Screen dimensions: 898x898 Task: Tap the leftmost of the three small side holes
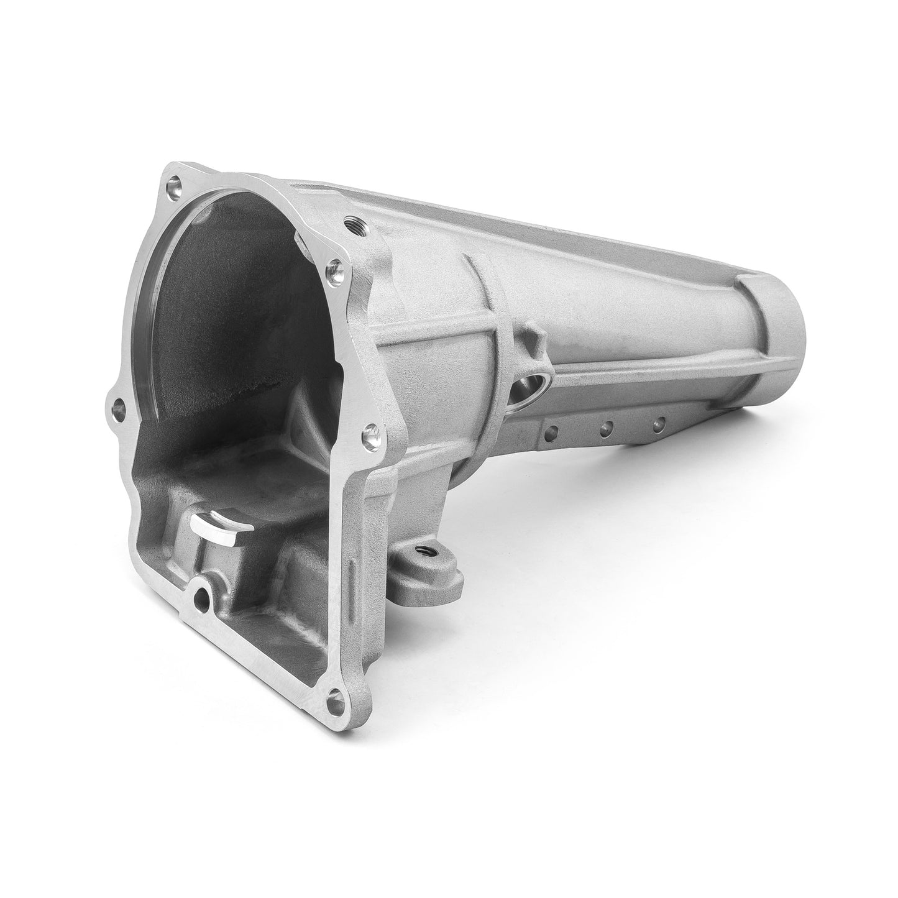[548, 429]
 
